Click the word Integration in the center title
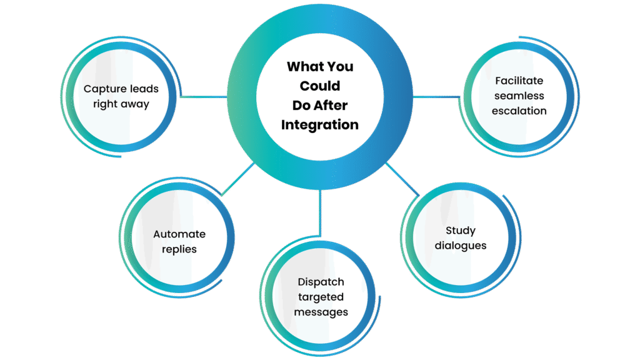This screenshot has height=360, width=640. click(320, 124)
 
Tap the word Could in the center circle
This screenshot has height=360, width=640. click(320, 86)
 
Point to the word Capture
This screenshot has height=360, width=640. click(104, 89)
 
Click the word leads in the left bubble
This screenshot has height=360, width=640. click(144, 89)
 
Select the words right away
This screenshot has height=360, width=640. click(121, 104)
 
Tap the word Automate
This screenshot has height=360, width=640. click(179, 234)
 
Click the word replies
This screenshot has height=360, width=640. click(179, 249)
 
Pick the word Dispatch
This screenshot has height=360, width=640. click(321, 282)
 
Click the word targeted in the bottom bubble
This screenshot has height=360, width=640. click(321, 297)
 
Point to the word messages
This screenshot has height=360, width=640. click(321, 312)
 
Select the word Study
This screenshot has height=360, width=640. click(461, 231)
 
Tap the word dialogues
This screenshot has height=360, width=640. click(461, 246)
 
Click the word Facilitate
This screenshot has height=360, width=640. click(519, 81)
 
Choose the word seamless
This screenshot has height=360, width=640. click(519, 96)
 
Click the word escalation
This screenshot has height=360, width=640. click(519, 111)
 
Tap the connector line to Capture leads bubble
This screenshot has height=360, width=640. click(204, 97)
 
